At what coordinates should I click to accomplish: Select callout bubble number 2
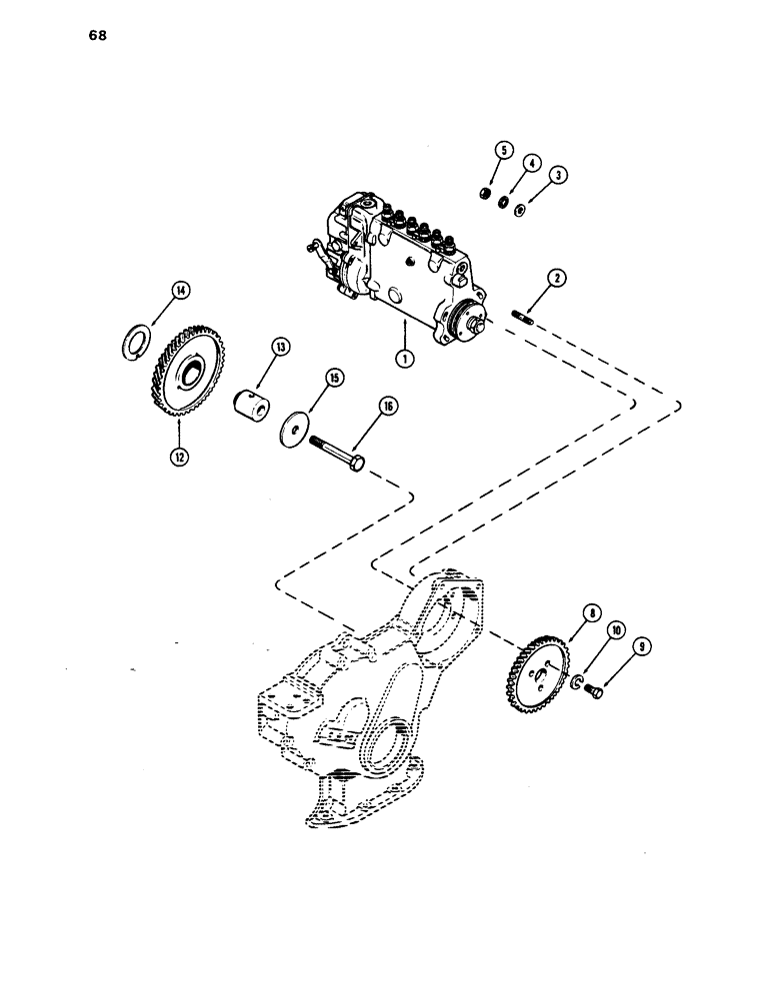(559, 175)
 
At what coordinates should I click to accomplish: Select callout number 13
(280, 347)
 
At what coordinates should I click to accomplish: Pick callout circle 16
(387, 405)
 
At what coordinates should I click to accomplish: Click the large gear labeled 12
(187, 376)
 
